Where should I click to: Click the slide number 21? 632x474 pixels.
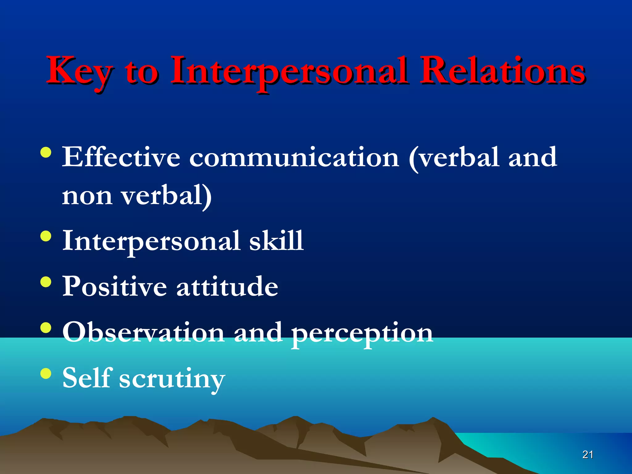[588, 455]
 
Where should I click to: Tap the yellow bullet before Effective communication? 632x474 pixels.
[46, 153]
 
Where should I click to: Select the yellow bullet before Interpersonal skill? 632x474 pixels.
[46, 236]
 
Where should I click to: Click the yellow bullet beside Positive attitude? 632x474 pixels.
[46, 282]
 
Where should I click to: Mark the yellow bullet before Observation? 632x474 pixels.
[46, 328]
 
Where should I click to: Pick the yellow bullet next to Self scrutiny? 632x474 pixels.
[46, 373]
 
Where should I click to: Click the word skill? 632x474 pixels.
[276, 241]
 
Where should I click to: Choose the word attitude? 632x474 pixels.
[227, 286]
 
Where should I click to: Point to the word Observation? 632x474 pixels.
[143, 332]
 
